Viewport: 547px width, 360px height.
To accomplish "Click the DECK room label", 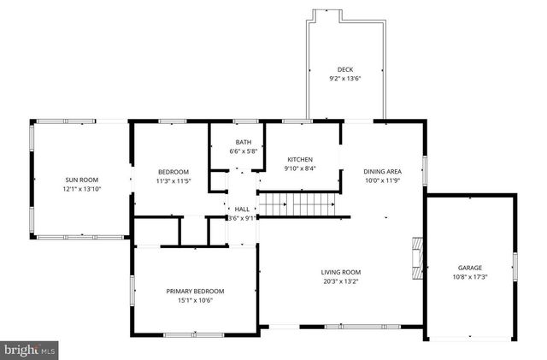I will (x=344, y=69).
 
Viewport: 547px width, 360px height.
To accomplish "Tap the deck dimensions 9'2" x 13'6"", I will (x=344, y=79).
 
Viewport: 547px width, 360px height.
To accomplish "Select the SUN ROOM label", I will (x=82, y=180).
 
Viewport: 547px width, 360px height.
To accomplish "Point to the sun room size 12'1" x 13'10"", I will (x=82, y=189).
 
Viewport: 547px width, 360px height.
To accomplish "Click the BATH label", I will (x=243, y=142).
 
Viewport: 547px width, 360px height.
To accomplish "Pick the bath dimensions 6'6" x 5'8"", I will (x=243, y=151).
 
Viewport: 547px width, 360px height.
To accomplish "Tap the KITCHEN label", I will (x=299, y=160).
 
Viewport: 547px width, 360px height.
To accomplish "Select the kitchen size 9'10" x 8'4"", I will (x=299, y=169).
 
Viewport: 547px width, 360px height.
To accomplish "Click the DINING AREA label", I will (x=382, y=171).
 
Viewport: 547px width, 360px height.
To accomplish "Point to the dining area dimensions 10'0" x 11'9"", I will (x=382, y=180).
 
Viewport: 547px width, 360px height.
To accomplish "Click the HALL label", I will (x=242, y=209).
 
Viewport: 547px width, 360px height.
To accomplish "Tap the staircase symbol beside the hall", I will (x=294, y=205).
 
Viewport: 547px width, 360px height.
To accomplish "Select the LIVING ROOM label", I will (x=339, y=271).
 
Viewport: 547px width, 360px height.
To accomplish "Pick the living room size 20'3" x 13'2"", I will (x=339, y=280).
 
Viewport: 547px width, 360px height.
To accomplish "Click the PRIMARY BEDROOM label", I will (x=195, y=291).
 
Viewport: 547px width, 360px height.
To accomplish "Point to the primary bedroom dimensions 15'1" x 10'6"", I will (x=195, y=300).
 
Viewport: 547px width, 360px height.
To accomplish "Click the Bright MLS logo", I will (x=30, y=349).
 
